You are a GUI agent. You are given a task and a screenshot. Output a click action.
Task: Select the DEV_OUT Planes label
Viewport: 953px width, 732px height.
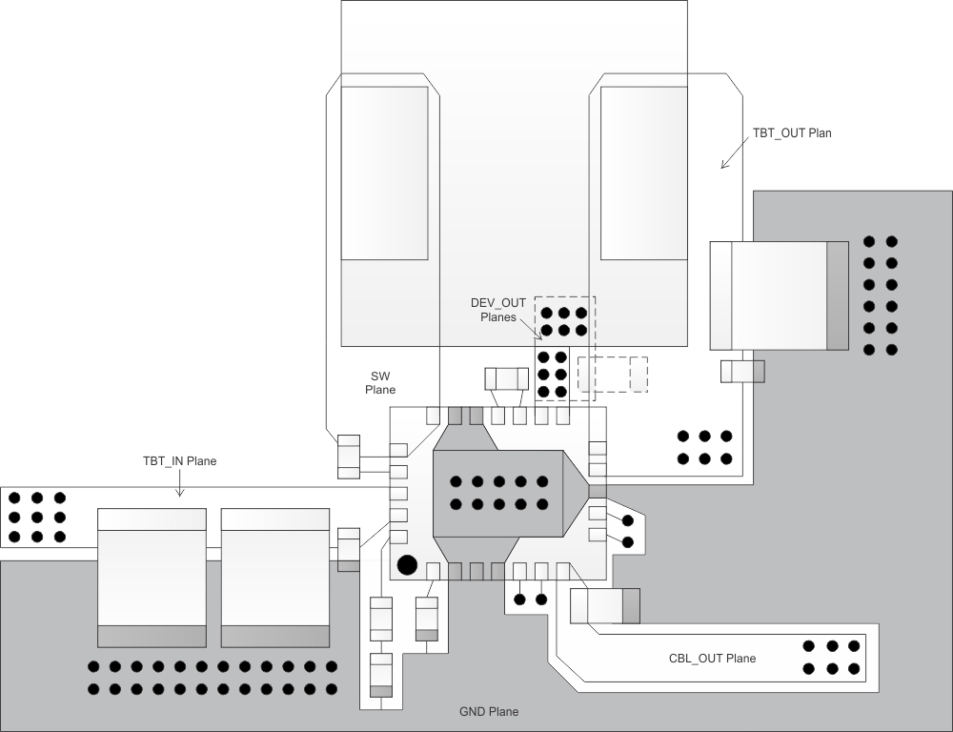pyautogui.click(x=498, y=311)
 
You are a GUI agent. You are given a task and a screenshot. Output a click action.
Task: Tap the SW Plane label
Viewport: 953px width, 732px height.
pyautogui.click(x=381, y=382)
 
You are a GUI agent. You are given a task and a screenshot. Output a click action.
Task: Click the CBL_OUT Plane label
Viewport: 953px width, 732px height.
pyautogui.click(x=712, y=658)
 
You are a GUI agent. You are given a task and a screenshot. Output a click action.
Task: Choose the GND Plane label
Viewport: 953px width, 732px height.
pyautogui.click(x=488, y=711)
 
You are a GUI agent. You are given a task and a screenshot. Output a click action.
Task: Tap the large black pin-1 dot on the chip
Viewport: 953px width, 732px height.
pyautogui.click(x=407, y=564)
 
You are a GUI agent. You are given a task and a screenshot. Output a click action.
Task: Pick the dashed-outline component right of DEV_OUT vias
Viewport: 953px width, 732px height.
pyautogui.click(x=613, y=373)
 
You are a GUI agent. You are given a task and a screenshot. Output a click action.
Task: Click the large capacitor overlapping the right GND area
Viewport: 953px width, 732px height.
pyautogui.click(x=779, y=295)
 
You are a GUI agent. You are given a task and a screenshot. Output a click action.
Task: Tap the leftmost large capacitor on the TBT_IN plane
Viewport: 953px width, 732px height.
pyautogui.click(x=152, y=578)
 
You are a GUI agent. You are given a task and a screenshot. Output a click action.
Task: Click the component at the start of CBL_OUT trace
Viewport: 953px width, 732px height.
pyautogui.click(x=605, y=604)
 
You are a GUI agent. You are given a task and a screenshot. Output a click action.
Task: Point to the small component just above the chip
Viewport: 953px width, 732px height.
pyautogui.click(x=506, y=379)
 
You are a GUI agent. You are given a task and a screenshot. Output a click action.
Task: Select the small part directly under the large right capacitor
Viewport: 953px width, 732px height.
pyautogui.click(x=742, y=371)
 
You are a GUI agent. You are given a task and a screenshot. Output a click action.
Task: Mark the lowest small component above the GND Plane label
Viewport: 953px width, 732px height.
pyautogui.click(x=381, y=676)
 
